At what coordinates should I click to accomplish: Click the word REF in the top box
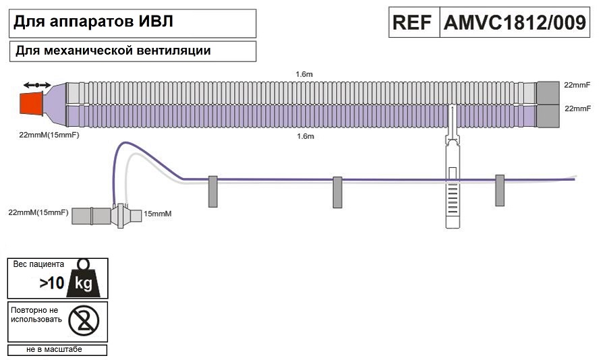413,23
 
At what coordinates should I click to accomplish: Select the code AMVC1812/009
514,23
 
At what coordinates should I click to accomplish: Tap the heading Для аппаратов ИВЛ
94,22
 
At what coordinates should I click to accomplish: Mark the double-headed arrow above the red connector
37,85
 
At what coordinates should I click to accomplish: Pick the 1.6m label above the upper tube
305,73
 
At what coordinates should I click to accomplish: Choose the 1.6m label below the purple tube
305,136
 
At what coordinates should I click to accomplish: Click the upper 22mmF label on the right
577,85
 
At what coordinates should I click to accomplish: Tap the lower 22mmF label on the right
577,108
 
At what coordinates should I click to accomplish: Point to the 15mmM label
159,214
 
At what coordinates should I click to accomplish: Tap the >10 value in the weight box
51,283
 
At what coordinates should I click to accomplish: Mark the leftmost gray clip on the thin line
212,191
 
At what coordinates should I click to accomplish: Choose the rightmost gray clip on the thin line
500,190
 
